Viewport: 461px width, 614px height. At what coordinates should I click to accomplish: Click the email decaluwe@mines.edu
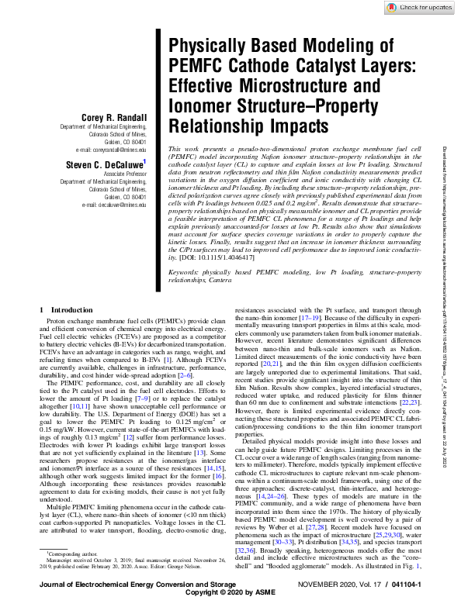[115, 205]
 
